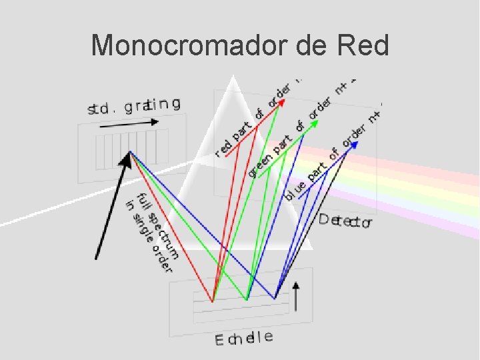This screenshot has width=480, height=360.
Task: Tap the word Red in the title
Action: pos(363,45)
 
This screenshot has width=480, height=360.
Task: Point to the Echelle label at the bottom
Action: pos(243,338)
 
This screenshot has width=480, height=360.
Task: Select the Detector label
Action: pos(345,221)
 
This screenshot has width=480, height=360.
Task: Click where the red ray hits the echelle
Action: pos(212,301)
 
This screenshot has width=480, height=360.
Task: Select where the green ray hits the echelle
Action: pos(247,299)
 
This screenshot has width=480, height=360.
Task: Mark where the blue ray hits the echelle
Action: pos(275,297)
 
